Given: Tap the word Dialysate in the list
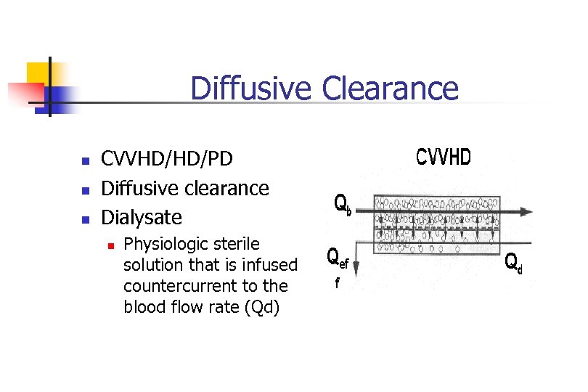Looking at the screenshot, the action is (x=142, y=217).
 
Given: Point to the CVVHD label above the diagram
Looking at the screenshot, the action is (x=443, y=157).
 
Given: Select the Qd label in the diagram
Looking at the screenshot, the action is (x=513, y=262).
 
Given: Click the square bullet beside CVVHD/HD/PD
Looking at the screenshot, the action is (x=85, y=160).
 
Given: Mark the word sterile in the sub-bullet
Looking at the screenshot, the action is (x=236, y=244).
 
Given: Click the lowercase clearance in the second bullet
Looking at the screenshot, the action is (x=224, y=189).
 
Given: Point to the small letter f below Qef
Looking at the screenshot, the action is (x=336, y=284).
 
